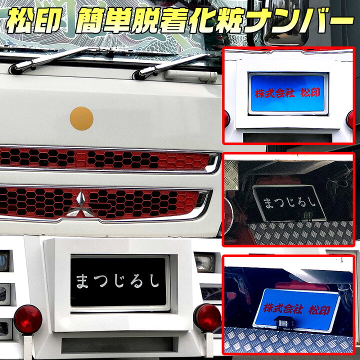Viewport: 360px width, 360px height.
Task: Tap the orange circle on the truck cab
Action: tap(81, 118)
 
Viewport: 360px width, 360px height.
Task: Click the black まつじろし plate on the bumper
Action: tap(119, 280)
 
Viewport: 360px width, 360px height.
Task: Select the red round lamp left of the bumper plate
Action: tap(28, 318)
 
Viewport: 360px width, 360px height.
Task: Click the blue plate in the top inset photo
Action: tap(288, 94)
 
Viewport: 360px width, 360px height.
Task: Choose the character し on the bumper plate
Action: tap(153, 281)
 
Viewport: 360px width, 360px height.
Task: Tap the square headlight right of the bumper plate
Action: tap(203, 262)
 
